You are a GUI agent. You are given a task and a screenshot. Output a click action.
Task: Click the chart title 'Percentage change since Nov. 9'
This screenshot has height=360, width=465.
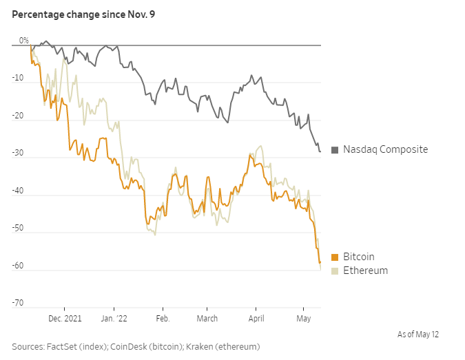click(x=83, y=14)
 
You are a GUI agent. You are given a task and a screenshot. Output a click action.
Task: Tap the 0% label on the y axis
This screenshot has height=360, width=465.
click(x=24, y=41)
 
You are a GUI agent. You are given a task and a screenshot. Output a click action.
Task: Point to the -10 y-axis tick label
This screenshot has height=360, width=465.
click(x=19, y=78)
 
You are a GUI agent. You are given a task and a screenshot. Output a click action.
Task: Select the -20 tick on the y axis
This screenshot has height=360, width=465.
click(x=19, y=116)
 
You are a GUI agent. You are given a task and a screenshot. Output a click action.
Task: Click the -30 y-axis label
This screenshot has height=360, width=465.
click(x=19, y=153)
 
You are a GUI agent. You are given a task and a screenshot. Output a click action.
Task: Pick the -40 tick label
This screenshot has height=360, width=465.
click(x=19, y=191)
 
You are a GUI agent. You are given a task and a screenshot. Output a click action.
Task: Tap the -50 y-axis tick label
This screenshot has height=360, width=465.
click(x=19, y=229)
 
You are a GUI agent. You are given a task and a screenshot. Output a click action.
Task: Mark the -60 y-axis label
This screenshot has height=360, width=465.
click(x=19, y=266)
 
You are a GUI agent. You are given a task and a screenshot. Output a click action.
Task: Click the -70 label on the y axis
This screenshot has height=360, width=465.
click(x=19, y=303)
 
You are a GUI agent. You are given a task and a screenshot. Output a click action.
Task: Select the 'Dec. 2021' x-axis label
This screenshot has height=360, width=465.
click(x=64, y=318)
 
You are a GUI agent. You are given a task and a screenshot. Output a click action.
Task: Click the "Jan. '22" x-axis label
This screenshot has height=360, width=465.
click(x=114, y=318)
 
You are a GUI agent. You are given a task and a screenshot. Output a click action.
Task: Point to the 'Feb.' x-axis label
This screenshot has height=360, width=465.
click(x=163, y=318)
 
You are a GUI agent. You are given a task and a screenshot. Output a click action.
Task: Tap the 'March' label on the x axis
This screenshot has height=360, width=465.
click(x=207, y=318)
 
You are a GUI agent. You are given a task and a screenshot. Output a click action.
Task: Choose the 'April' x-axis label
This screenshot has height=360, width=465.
click(x=256, y=318)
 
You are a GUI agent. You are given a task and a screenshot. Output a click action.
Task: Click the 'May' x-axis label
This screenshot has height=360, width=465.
click(x=303, y=318)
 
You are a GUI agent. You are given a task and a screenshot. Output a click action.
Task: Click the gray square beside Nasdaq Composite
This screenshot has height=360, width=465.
click(x=335, y=150)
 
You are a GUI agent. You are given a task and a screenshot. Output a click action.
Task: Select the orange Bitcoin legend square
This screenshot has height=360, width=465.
click(x=335, y=257)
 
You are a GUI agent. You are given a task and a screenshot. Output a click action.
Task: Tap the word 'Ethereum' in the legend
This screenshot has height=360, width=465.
click(x=365, y=271)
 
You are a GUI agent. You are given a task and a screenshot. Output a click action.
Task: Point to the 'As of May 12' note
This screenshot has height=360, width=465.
click(x=418, y=335)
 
